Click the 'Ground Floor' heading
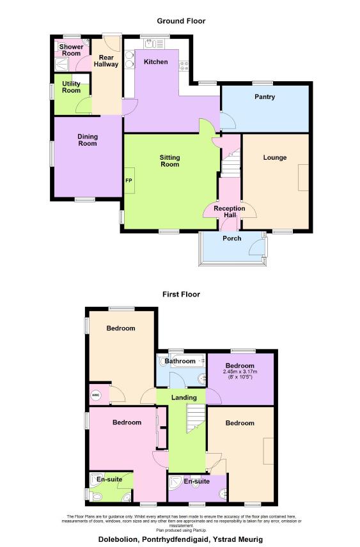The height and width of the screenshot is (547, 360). pos(180,21)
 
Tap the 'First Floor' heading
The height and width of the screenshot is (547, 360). pos(180,295)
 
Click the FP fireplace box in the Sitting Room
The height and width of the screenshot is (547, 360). pos(129,180)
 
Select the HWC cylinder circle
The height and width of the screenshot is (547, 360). pos(95,394)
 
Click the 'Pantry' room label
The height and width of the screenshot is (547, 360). pos(264,97)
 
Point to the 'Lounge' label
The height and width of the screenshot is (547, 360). pos(275,157)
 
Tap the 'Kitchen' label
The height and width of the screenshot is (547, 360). pos(155,62)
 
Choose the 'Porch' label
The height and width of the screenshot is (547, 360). pos(231,238)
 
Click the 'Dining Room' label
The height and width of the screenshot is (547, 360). pos(88,139)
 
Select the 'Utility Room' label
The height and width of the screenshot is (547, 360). pos(71,87)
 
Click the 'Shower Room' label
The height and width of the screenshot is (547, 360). pos(71,50)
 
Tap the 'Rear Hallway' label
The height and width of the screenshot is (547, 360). pos(106,61)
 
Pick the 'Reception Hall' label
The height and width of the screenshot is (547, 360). pos(230,212)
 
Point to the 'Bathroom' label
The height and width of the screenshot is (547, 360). pos(180,362)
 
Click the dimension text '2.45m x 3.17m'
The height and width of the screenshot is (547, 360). pos(240,372)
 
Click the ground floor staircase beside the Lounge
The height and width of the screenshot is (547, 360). pos(231,163)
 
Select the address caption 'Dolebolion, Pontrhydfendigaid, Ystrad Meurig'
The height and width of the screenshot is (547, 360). pos(180,539)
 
